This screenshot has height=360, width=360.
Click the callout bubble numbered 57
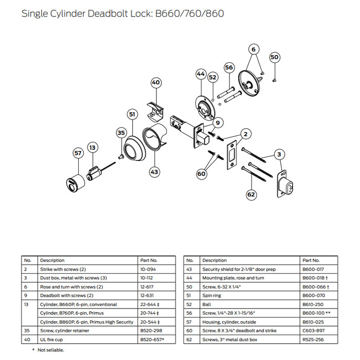[x=78, y=153]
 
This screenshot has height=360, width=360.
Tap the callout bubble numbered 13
[x=92, y=148]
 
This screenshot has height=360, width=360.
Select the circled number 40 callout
[x=156, y=82]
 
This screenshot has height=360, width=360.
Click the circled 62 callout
[x=251, y=194]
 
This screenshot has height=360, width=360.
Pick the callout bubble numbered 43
[x=154, y=172]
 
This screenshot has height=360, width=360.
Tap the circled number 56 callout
[x=229, y=67]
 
